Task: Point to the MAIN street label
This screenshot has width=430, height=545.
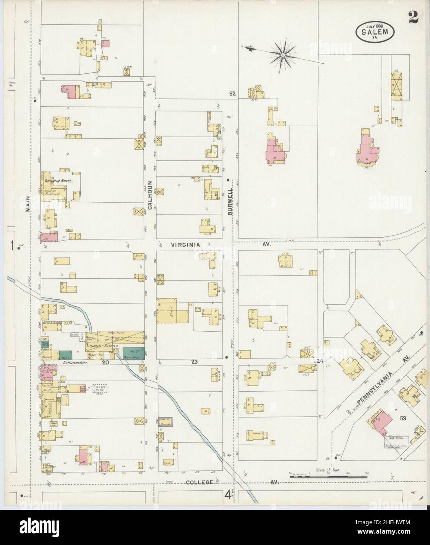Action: point(28,204)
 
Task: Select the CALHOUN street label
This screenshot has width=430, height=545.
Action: point(149,191)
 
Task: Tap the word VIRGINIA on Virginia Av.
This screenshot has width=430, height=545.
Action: point(186,245)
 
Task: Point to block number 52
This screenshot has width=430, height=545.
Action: point(232,94)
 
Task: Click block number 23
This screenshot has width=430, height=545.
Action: point(194,362)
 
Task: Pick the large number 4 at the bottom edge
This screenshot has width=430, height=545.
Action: point(228,495)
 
